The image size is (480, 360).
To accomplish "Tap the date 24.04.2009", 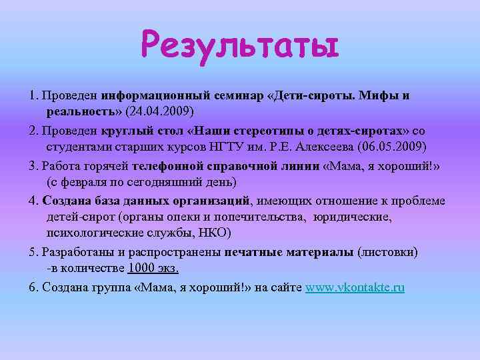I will pos(165,110).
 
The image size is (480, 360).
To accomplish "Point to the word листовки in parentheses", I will pos(388,253).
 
